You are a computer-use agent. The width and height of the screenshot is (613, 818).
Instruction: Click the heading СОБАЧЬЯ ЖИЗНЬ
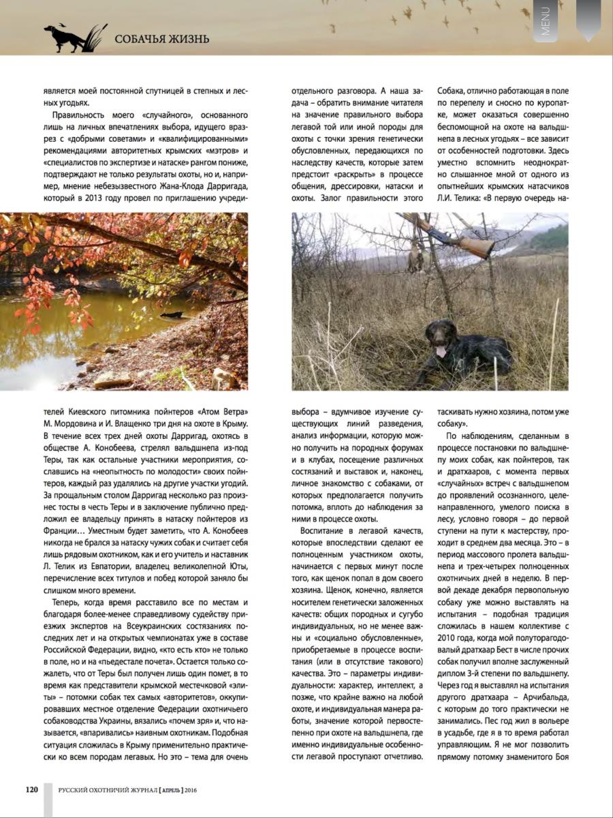(x=161, y=38)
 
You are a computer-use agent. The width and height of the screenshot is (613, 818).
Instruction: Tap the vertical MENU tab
(x=546, y=20)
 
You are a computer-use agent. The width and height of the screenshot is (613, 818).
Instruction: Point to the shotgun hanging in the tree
(x=450, y=234)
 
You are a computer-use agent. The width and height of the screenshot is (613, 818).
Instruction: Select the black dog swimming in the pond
(x=172, y=314)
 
